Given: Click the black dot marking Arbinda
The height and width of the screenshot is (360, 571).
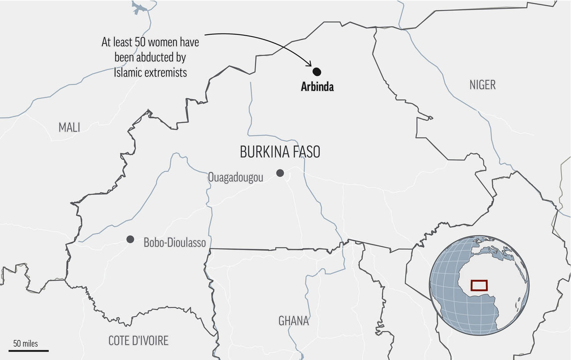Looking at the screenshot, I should pyautogui.click(x=317, y=71).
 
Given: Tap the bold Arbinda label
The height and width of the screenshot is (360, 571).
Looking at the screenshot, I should pyautogui.click(x=317, y=87).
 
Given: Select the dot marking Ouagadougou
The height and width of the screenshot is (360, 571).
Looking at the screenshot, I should pyautogui.click(x=280, y=173).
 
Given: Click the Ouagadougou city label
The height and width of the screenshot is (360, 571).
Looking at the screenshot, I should pyautogui.click(x=236, y=178).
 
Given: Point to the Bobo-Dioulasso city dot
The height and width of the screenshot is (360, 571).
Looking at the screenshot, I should pyautogui.click(x=130, y=240).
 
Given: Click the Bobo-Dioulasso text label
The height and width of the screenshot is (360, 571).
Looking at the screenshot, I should pyautogui.click(x=175, y=243).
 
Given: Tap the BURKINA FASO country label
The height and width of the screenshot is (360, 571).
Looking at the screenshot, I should pyautogui.click(x=280, y=152).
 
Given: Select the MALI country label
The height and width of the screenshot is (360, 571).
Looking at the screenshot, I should pyautogui.click(x=70, y=128).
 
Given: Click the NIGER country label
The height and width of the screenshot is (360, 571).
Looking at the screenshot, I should pyautogui.click(x=482, y=85).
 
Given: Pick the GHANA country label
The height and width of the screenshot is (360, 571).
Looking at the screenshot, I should pyautogui.click(x=294, y=321).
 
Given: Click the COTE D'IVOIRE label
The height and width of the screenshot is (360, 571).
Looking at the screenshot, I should pyautogui.click(x=139, y=341).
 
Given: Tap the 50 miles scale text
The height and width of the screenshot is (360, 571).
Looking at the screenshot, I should pyautogui.click(x=25, y=343).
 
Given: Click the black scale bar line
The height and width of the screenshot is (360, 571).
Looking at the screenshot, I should pyautogui.click(x=28, y=351).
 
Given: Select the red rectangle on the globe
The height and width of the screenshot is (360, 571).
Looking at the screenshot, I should pyautogui.click(x=480, y=285).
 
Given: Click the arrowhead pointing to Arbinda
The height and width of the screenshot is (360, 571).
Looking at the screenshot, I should pyautogui.click(x=309, y=65).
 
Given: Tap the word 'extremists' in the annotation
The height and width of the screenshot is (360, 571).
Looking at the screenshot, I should pyautogui.click(x=166, y=72).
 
